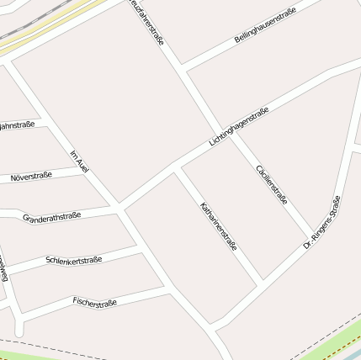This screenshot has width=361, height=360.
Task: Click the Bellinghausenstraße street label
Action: click(264, 26)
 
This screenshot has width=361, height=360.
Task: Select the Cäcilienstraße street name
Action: click(272, 184)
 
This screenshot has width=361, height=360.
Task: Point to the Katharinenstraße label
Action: click(219, 227)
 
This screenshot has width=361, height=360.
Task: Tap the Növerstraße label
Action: click(31, 177)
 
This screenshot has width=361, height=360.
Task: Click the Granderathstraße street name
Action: click(51, 218)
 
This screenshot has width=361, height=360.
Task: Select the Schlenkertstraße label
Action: click(74, 261)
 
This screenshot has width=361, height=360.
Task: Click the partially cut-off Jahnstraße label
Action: click(17, 125)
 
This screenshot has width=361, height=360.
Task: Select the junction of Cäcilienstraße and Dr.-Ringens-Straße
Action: click(313, 236)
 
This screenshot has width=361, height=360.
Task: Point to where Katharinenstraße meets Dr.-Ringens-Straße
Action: click(261, 280)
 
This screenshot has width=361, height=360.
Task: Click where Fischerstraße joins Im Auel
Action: click(167, 289)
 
